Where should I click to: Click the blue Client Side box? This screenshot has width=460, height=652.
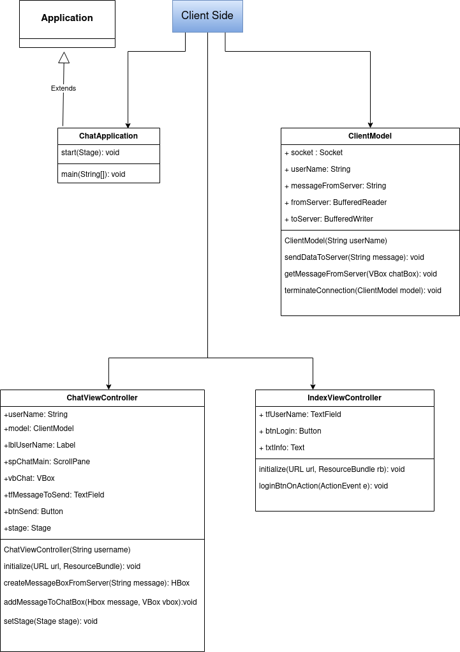click(207, 16)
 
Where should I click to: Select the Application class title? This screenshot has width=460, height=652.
click(67, 18)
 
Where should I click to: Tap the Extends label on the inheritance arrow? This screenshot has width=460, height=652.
click(63, 88)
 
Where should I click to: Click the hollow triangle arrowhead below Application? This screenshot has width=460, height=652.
click(63, 58)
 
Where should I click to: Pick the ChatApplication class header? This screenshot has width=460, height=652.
click(108, 136)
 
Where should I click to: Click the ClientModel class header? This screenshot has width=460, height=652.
click(370, 136)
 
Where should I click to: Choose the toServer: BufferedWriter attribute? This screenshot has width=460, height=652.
click(329, 219)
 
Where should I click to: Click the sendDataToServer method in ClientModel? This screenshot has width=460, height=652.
click(354, 257)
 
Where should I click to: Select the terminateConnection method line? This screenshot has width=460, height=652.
click(362, 291)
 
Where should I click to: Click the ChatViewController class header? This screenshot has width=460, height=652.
click(102, 398)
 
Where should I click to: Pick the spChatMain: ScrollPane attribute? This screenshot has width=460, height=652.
click(47, 462)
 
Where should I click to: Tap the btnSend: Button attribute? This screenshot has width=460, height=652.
click(33, 512)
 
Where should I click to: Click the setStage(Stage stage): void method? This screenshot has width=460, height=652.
click(50, 621)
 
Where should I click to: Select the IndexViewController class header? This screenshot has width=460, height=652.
click(345, 398)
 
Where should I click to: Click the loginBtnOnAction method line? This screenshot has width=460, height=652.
click(323, 486)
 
